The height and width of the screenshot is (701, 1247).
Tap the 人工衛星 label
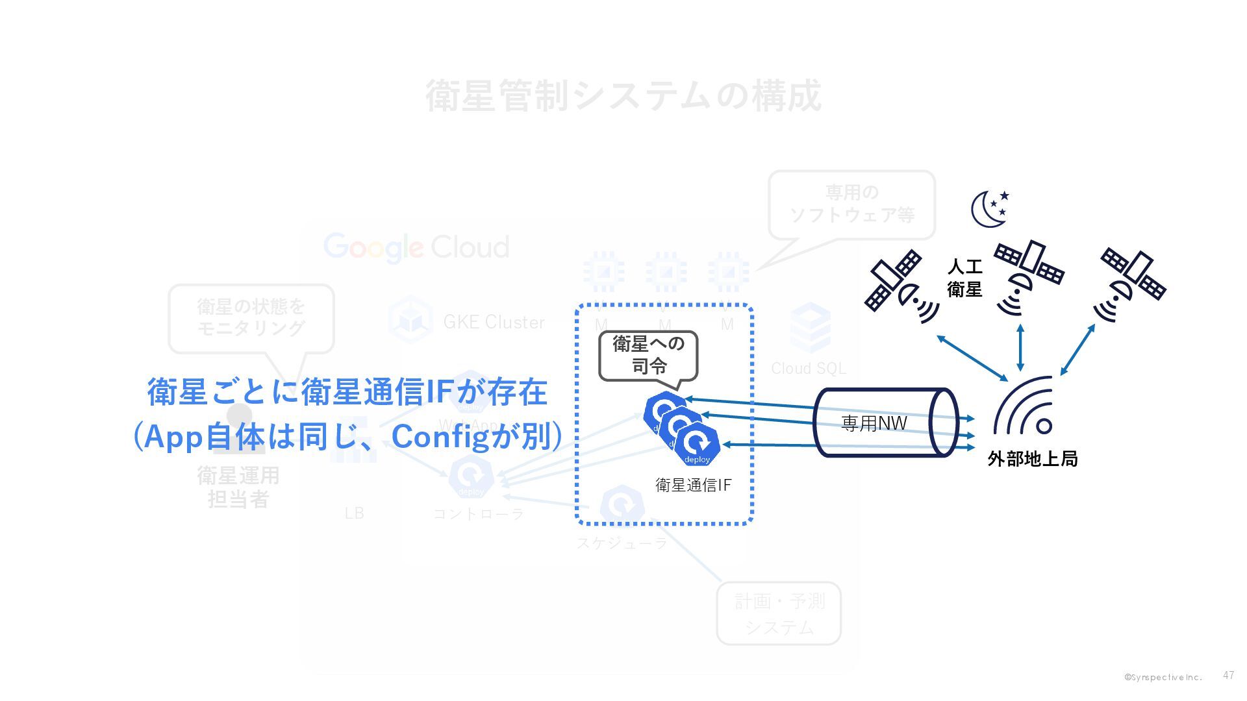click(x=964, y=278)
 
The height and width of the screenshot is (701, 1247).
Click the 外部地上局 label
click(x=1032, y=459)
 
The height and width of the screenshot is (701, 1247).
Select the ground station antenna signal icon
click(x=1024, y=406)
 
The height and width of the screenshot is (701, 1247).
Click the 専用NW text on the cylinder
click(x=874, y=424)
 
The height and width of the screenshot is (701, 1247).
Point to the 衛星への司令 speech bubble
click(x=648, y=355)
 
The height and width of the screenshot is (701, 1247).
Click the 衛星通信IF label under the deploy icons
click(x=693, y=485)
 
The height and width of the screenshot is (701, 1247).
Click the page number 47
click(x=1228, y=676)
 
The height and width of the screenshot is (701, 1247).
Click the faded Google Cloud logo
click(x=416, y=247)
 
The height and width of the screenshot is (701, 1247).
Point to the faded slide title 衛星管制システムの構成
click(x=623, y=96)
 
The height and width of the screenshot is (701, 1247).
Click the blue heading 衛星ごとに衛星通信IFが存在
click(x=347, y=393)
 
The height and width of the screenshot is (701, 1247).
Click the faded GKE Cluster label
click(x=494, y=322)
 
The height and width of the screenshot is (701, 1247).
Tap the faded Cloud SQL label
click(x=808, y=369)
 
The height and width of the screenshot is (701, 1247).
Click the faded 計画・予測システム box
click(x=778, y=613)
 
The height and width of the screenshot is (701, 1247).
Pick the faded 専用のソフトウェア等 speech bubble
click(x=851, y=204)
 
